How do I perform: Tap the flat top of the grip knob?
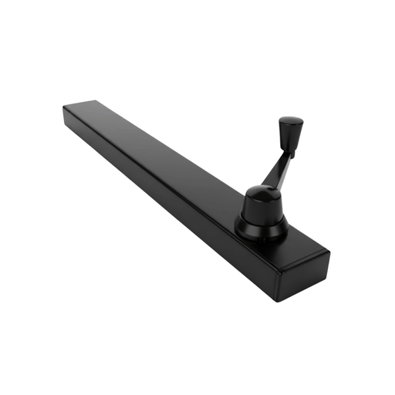click(290, 120)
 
